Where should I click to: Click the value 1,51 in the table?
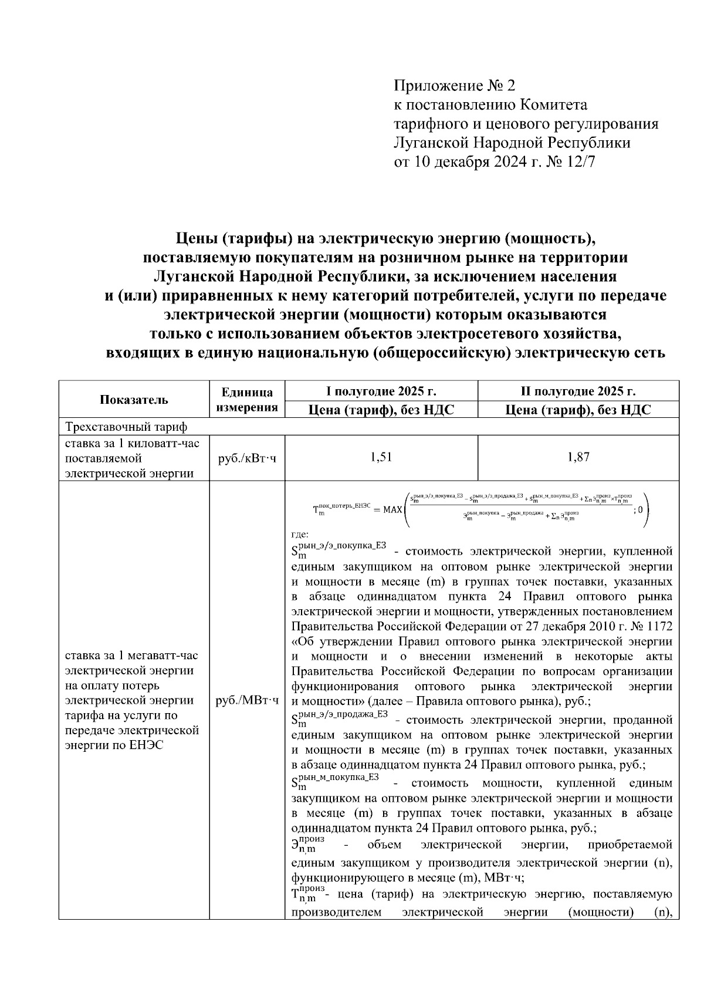coord(381,457)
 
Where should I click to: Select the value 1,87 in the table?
coord(578,457)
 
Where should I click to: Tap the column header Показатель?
coord(134,400)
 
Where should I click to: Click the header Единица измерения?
coord(247,400)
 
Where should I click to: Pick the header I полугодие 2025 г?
coord(381,391)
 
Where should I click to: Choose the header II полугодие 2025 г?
coord(578,391)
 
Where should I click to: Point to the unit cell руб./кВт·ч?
coord(247,458)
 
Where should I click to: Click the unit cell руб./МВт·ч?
coord(247,701)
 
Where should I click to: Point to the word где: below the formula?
coord(300,534)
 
